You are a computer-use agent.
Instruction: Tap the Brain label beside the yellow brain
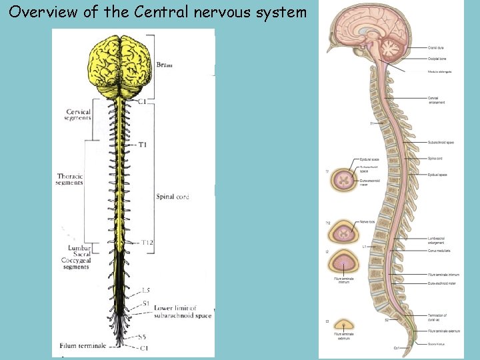(164, 65)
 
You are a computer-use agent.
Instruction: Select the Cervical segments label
(79, 115)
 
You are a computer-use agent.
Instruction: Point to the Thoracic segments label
(70, 179)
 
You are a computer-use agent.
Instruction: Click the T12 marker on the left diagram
(147, 243)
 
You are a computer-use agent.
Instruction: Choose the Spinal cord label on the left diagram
(173, 197)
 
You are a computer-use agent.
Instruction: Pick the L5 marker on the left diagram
(145, 290)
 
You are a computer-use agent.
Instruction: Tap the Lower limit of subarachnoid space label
(183, 311)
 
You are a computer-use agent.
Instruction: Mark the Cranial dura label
(437, 48)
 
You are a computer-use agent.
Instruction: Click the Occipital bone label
(437, 59)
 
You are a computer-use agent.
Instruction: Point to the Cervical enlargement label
(437, 100)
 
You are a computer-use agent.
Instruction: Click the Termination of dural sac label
(437, 317)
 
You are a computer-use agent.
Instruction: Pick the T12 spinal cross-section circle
(347, 233)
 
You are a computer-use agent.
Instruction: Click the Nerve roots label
(367, 221)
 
